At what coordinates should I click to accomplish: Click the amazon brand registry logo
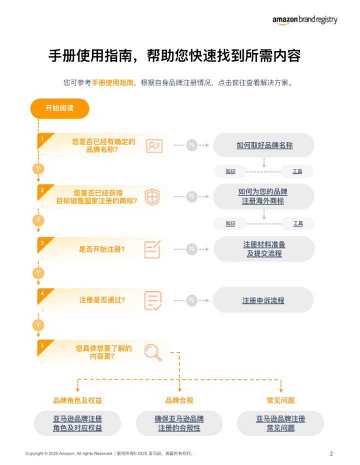[x=304, y=19]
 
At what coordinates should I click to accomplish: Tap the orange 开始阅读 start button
[x=59, y=108]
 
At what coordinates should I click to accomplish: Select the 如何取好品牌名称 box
[x=264, y=145]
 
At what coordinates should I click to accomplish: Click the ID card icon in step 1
[x=154, y=145]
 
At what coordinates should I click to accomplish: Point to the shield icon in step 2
[x=152, y=196]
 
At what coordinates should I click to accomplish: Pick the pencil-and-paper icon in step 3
[x=152, y=249]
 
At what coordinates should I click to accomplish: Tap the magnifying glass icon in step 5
[x=152, y=352]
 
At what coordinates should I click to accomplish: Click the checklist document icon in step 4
[x=152, y=300]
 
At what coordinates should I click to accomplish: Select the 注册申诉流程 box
[x=263, y=300]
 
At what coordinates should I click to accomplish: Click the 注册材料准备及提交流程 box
[x=264, y=249]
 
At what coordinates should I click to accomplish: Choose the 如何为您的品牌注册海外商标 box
[x=263, y=196]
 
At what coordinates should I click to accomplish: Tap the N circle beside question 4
[x=192, y=300]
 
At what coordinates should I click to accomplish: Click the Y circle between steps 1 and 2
[x=38, y=168]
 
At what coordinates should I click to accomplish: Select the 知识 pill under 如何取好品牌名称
[x=230, y=171]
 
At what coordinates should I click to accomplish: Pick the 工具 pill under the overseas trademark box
[x=297, y=223]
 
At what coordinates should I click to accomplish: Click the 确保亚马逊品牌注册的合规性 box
[x=179, y=423]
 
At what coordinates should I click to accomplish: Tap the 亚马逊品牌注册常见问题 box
[x=280, y=423]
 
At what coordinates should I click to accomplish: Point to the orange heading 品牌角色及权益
[x=77, y=400]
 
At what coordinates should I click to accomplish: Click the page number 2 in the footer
[x=331, y=453]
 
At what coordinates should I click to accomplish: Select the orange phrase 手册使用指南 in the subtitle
[x=112, y=83]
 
